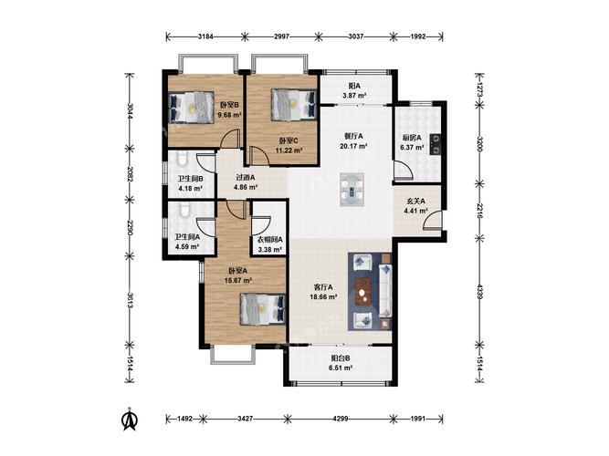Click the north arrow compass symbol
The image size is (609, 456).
131,419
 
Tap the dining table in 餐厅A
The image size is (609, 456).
352,190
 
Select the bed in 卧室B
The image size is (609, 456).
192,108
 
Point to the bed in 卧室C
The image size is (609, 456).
293,105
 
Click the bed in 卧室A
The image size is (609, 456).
263,308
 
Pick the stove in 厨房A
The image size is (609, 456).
436,144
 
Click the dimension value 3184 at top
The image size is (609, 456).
205,36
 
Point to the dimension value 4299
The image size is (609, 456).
341,419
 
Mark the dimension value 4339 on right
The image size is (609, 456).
480,292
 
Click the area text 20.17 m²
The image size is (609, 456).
353,146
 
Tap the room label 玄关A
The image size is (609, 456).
415,201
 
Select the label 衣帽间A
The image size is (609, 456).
270,240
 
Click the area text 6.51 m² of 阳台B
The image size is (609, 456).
341,368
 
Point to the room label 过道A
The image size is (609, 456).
246,177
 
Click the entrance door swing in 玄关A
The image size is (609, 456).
432,221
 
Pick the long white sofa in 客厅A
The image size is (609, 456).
385,290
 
